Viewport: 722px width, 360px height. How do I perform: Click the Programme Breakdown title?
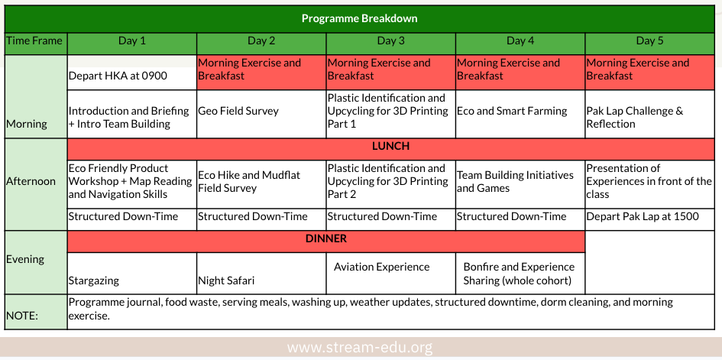359,19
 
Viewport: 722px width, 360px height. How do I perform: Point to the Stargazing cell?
131,273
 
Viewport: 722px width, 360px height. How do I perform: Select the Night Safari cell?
261,273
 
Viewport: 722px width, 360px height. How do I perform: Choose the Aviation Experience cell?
390,273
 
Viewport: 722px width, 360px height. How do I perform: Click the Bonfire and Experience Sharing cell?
520,273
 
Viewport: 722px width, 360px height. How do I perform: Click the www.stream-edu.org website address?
360,347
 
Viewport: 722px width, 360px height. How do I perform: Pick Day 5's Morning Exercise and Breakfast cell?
649,73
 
